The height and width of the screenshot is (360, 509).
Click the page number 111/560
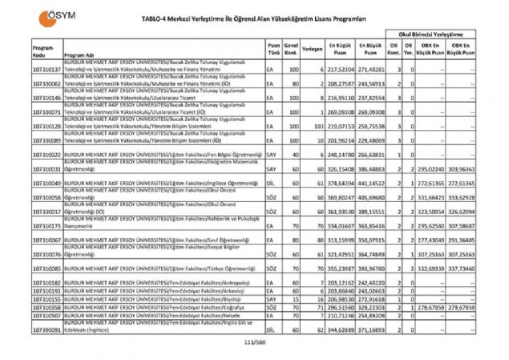point(253,343)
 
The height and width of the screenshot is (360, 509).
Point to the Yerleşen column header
point(313,48)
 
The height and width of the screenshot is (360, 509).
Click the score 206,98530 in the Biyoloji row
point(341,299)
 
